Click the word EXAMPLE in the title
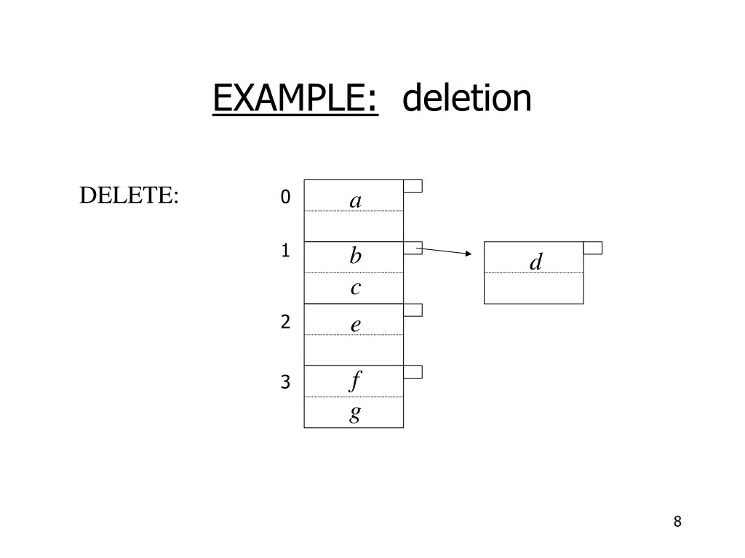(295, 99)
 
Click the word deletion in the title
(466, 99)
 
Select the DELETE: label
(129, 195)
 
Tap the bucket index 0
(285, 197)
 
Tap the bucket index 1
(286, 251)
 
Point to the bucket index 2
(286, 322)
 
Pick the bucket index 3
(286, 381)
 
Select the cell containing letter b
(354, 257)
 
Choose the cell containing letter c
(354, 288)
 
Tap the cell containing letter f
(354, 381)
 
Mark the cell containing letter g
(354, 413)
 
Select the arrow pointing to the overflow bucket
(444, 251)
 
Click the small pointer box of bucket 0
(413, 186)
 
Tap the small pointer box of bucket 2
(413, 310)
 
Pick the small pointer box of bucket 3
(413, 372)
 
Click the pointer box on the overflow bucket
(593, 248)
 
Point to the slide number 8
(677, 521)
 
